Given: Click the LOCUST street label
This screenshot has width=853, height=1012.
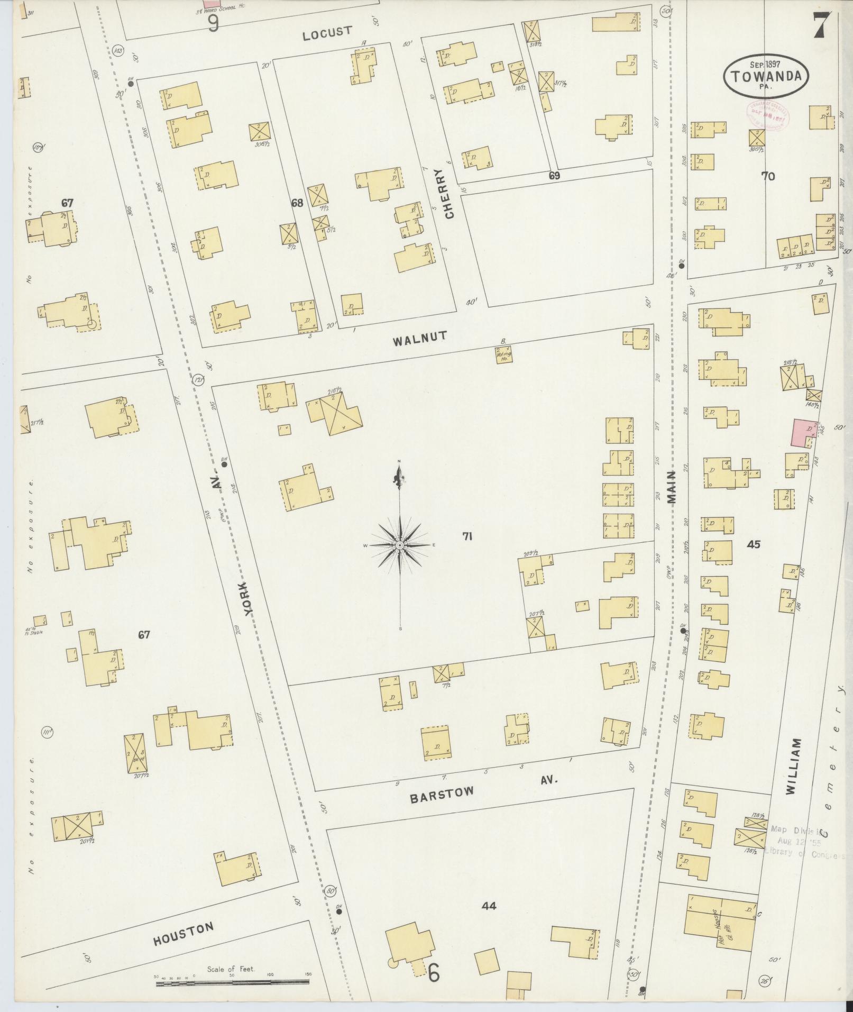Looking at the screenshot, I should pos(327,33).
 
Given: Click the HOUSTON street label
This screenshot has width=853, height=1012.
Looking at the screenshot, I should pos(184,933).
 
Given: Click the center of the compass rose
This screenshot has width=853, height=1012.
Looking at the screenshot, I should pos(400,544).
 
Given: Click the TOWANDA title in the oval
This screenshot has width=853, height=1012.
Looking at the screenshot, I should pos(766,76).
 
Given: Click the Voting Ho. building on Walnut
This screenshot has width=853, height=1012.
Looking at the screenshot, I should pos(503,354).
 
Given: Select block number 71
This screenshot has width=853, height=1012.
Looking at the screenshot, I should pos(467,536).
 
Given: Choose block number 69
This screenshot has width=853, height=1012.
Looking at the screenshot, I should pos(554,176).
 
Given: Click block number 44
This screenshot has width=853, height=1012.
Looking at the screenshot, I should pos(489,906).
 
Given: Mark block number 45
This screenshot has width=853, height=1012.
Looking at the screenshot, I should pos(753,544).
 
